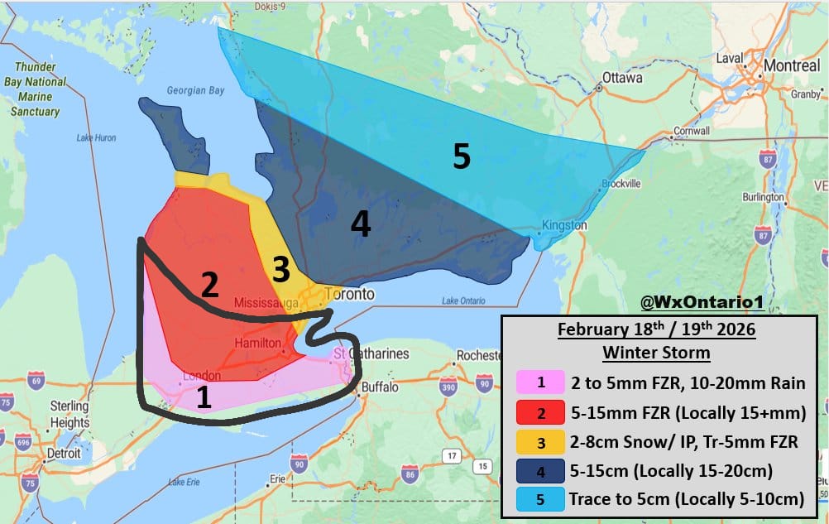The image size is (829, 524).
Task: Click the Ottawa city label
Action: click(x=623, y=78)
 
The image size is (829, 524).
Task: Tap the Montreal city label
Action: click(x=792, y=65)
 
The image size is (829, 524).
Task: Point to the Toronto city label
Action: click(x=348, y=294)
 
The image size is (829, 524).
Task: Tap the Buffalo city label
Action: click(x=380, y=387)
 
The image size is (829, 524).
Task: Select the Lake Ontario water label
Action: click(x=461, y=300)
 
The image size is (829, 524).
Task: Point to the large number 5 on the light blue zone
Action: click(x=461, y=156)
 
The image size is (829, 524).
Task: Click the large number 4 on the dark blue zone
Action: click(x=360, y=224)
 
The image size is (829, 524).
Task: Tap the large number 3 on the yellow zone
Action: click(x=281, y=269)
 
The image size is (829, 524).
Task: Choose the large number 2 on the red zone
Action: click(x=209, y=286)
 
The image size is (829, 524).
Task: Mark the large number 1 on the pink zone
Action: click(x=204, y=398)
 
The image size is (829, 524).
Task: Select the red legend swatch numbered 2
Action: click(x=540, y=412)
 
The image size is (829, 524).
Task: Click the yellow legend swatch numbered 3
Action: click(x=540, y=441)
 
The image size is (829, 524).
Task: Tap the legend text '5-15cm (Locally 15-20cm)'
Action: click(x=671, y=470)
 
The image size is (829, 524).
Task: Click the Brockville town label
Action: click(x=622, y=183)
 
